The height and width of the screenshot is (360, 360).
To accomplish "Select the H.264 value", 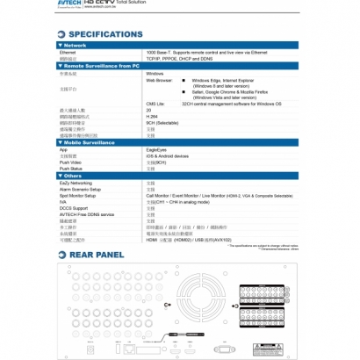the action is click(x=151, y=116).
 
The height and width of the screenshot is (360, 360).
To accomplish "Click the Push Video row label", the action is click(x=71, y=162).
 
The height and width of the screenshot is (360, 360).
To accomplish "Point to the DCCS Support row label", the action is click(x=75, y=208).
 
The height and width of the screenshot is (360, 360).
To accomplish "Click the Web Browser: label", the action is click(x=159, y=81).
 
